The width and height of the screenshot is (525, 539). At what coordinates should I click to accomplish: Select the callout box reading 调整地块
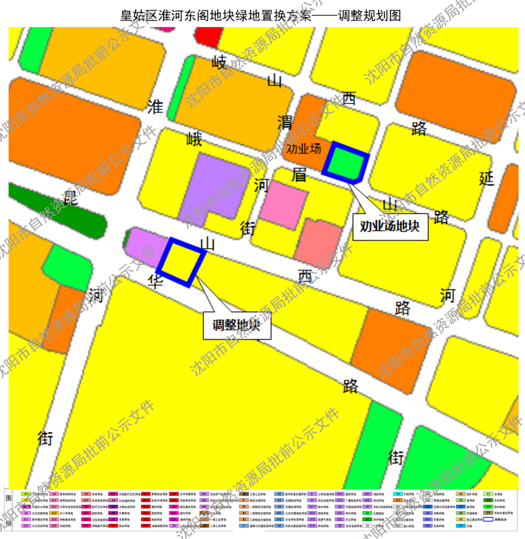[x=236, y=324]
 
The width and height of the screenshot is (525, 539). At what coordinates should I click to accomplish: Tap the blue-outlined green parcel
[x=346, y=162]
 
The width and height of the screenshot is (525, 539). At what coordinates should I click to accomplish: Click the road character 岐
[x=219, y=63]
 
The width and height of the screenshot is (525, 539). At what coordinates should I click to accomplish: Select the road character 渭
[x=285, y=122]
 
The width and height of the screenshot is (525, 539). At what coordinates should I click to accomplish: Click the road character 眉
[x=299, y=175]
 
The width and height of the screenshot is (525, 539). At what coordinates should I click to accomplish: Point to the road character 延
[x=486, y=178]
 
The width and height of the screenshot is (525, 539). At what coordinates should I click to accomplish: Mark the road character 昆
[x=70, y=197]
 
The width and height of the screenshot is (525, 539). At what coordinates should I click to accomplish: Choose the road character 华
[x=155, y=282]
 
